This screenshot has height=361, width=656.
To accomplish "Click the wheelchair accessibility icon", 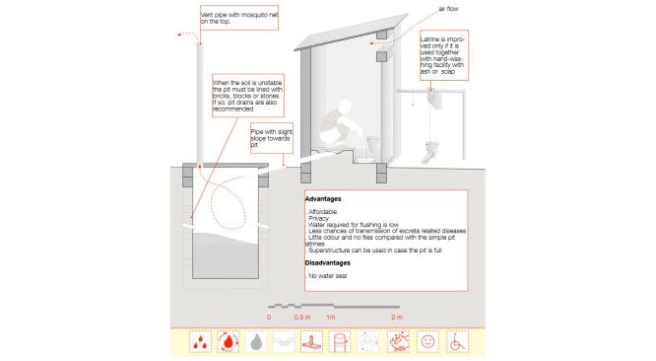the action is pos(457,341).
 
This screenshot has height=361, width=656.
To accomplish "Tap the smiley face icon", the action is pos(427,341).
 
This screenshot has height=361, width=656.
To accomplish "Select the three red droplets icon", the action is pos(200,341).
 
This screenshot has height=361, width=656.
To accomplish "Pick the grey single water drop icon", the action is pos(256,341).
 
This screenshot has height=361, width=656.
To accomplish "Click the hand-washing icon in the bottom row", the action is pos(398,341).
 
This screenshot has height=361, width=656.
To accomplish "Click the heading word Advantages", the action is pos(323,199).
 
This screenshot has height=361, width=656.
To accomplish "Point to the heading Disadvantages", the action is pos(328,263).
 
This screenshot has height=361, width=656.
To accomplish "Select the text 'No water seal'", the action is pos(328,276).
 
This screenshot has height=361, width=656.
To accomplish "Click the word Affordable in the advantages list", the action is pos(322,212).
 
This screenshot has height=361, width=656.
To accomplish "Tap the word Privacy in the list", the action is pos(319,218).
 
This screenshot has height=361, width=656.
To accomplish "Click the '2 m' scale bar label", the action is pos(397,318).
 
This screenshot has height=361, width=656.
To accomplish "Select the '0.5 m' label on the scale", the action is pos(302,318).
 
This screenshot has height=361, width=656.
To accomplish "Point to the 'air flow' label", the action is pos(448,9).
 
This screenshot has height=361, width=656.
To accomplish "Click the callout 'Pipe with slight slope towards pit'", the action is pos(272,138).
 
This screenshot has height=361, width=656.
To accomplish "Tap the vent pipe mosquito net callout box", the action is pos(239,18).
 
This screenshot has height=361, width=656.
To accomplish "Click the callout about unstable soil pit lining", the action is pos(248,96).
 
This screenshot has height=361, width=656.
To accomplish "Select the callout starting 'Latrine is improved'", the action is pos(444,55).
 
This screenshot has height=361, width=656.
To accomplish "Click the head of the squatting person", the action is pos(344,106).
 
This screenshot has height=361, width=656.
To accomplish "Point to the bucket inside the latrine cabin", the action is pos(373,144).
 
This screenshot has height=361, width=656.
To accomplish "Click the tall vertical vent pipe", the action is pos(200,103).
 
